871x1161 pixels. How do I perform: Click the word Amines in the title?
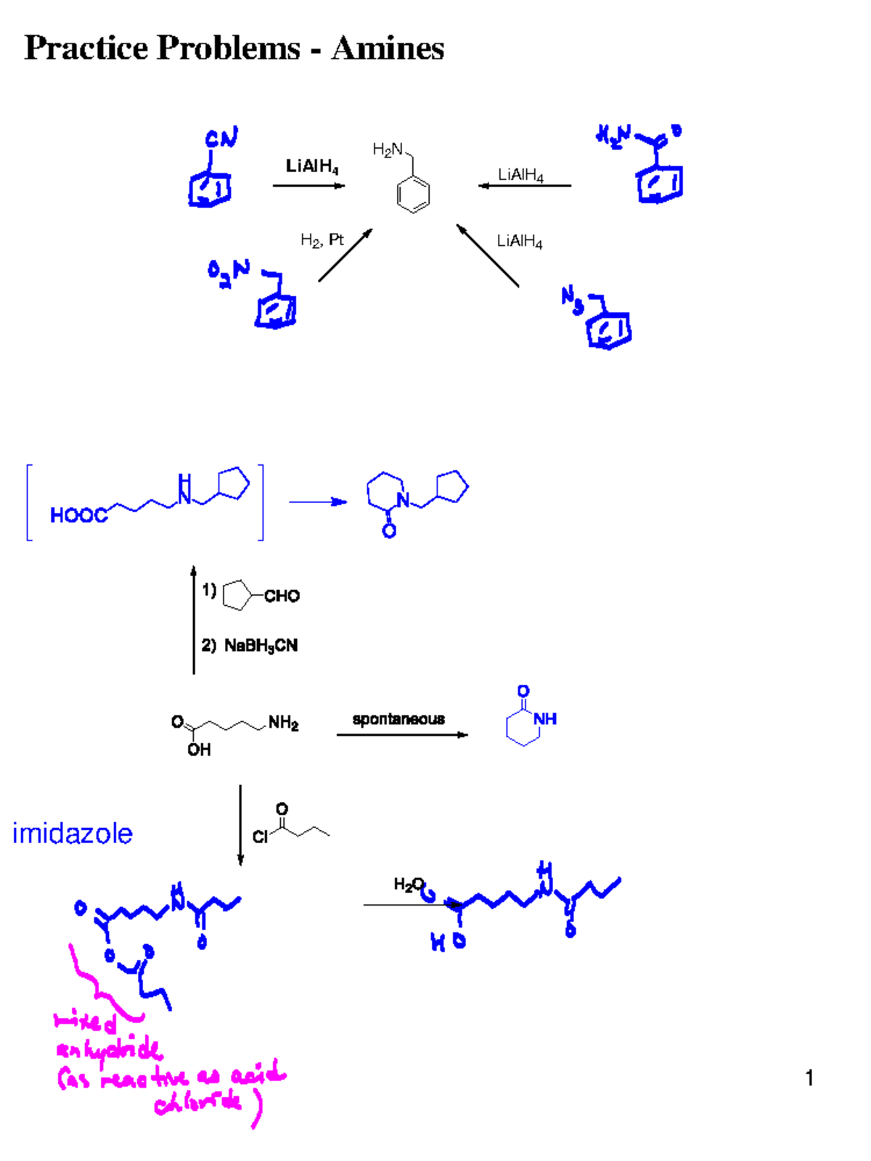click(x=388, y=49)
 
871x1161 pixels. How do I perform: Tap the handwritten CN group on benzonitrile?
click(x=221, y=138)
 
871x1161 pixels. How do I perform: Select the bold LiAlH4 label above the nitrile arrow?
click(x=311, y=166)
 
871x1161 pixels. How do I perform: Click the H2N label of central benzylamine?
click(x=388, y=149)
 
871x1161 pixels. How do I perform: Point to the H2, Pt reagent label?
click(x=322, y=239)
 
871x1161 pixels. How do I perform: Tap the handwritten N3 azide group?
click(x=572, y=300)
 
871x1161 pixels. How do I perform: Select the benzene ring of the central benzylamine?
click(x=413, y=194)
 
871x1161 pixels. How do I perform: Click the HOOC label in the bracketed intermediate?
click(x=78, y=515)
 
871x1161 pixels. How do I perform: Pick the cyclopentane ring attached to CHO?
click(x=237, y=595)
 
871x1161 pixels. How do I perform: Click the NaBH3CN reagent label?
click(x=261, y=645)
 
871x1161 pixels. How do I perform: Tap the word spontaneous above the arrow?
click(x=398, y=719)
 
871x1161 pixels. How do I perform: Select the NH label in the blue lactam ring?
click(x=545, y=718)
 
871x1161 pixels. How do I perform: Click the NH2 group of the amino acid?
click(x=283, y=723)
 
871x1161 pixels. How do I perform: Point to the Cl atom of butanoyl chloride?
click(x=260, y=837)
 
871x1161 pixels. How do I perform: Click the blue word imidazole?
click(x=73, y=834)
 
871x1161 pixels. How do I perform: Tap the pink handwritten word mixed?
click(x=86, y=1022)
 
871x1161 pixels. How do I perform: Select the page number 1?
click(x=809, y=1078)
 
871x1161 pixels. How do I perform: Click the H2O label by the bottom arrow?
click(x=409, y=884)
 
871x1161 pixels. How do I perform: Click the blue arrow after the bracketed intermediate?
click(x=318, y=501)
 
